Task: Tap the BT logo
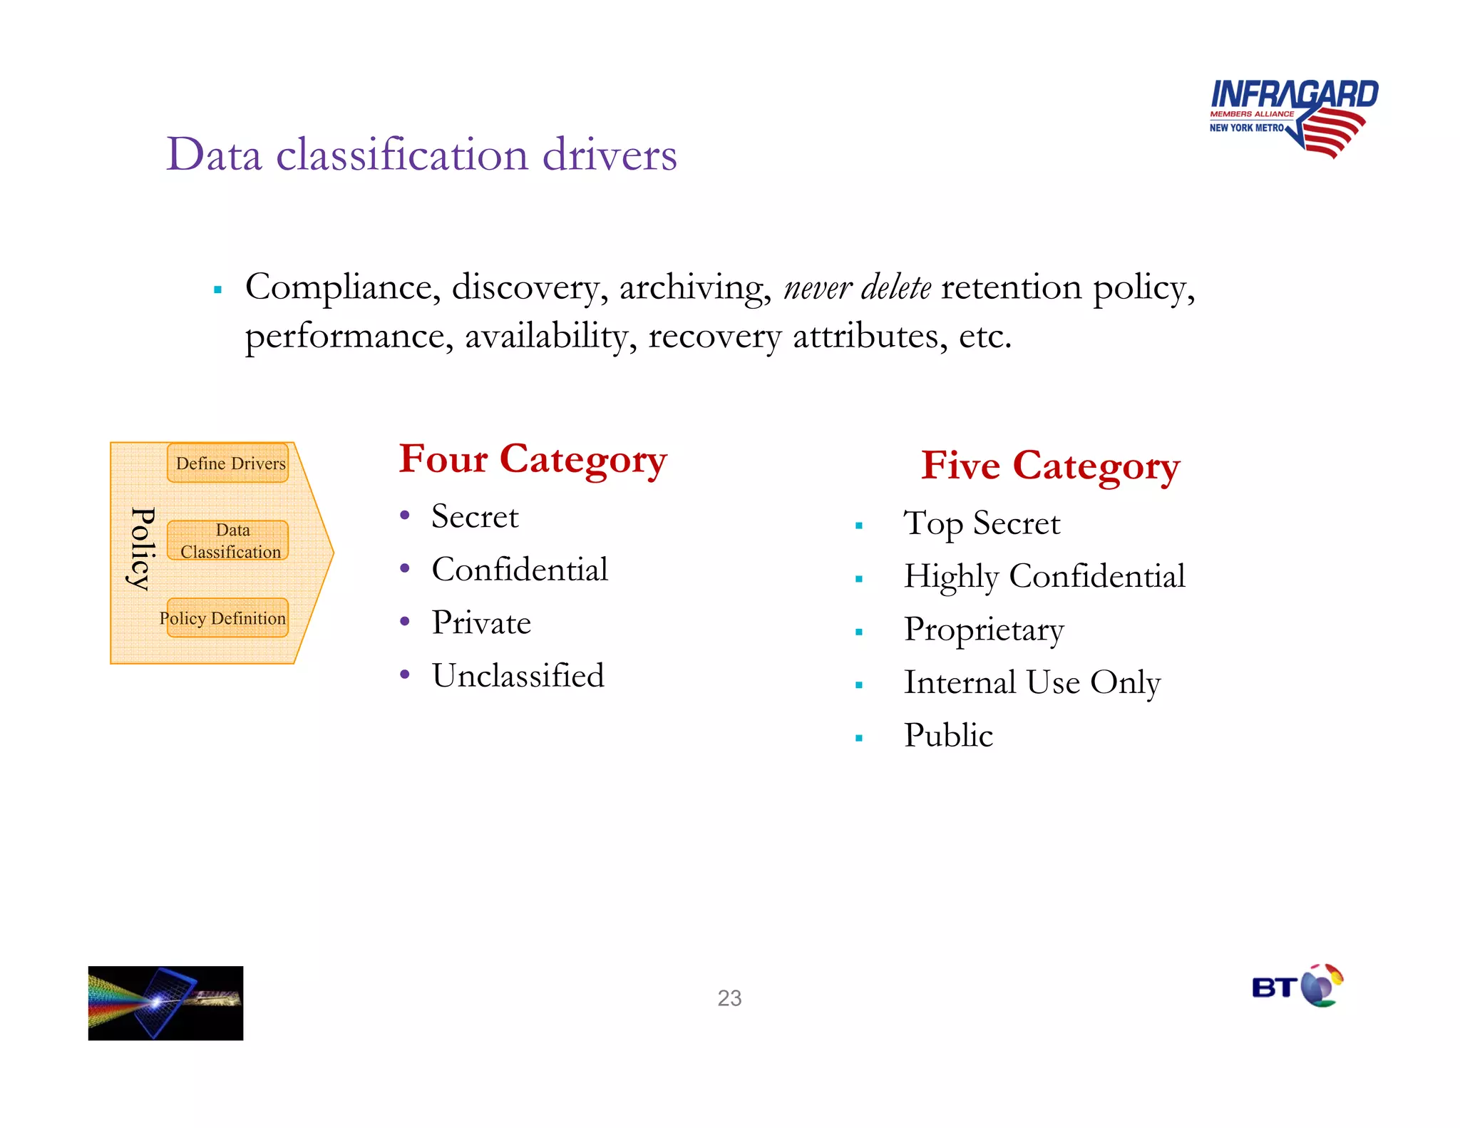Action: [x=1297, y=986]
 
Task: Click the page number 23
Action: [x=729, y=998]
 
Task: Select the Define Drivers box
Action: [x=228, y=463]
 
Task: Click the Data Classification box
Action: [x=228, y=540]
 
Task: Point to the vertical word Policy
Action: [x=141, y=549]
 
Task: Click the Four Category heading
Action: [x=533, y=459]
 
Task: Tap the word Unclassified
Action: [x=518, y=675]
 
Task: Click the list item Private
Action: [x=481, y=622]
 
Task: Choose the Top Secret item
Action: [x=981, y=523]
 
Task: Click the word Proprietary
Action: [x=984, y=630]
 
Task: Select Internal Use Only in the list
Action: [x=1032, y=682]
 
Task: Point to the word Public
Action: [x=948, y=735]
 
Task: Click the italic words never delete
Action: [x=857, y=288]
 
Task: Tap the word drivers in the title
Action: [x=609, y=154]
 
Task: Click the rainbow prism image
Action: [x=165, y=1003]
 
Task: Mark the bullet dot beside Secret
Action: [x=404, y=516]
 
